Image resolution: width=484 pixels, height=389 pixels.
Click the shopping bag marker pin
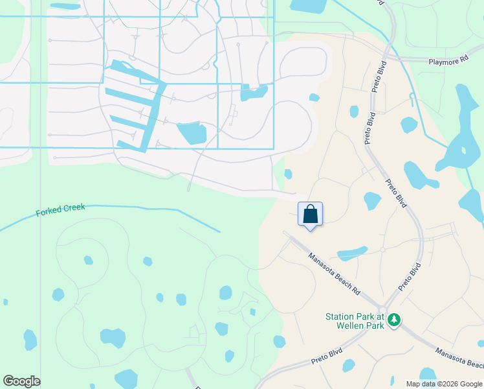click(310, 214)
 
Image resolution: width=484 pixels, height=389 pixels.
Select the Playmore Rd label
click(448, 60)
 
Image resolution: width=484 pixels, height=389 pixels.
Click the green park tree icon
click(393, 319)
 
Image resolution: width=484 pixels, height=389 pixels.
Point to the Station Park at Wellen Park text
click(355, 321)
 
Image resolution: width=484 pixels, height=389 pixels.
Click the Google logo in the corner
click(21, 381)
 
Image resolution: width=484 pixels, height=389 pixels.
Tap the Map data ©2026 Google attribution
click(443, 384)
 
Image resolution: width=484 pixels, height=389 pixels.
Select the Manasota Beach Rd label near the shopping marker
click(334, 274)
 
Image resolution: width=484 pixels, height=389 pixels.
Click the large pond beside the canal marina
click(192, 133)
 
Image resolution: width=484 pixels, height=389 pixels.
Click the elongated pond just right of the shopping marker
click(351, 252)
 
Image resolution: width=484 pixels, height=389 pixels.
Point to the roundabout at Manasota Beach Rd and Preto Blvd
click(383, 310)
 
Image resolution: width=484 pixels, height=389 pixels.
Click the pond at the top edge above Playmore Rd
click(308, 6)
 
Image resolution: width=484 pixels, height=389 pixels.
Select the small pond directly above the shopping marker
click(288, 174)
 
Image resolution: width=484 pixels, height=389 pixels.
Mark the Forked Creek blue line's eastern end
click(219, 231)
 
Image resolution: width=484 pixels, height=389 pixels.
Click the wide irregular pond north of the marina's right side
click(254, 93)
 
